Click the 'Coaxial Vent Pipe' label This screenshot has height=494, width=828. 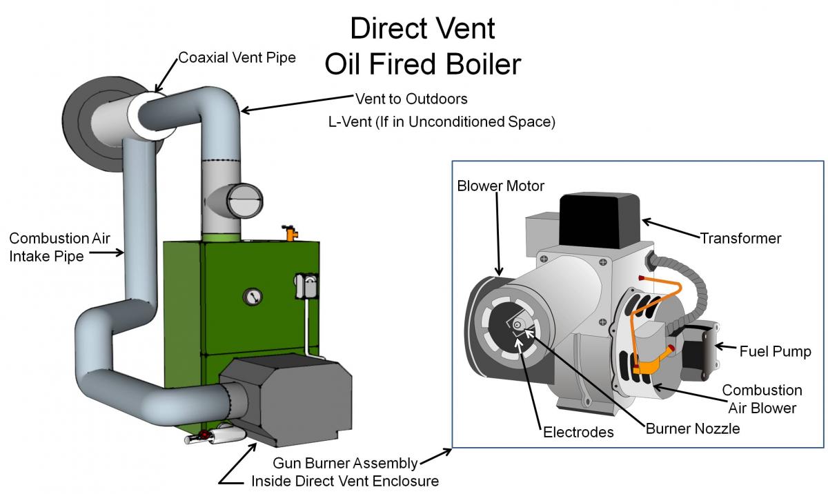(237, 58)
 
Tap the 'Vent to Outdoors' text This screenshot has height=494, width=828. (411, 99)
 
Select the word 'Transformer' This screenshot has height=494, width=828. (741, 238)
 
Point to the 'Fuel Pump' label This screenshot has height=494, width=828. (775, 351)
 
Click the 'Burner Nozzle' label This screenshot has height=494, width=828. (693, 428)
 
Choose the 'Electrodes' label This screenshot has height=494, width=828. (578, 432)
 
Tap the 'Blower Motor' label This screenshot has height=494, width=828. (500, 186)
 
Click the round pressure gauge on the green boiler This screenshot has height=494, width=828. (253, 297)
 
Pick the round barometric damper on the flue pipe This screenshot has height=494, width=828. (245, 201)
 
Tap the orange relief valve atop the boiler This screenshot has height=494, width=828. (290, 233)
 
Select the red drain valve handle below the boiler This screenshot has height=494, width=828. (203, 435)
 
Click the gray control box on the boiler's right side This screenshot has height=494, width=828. (306, 286)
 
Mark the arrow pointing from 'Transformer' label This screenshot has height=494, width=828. (671, 228)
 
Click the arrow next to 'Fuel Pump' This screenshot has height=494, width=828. (726, 347)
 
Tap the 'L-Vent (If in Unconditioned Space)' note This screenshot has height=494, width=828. (442, 122)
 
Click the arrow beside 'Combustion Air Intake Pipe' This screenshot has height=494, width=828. (106, 253)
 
